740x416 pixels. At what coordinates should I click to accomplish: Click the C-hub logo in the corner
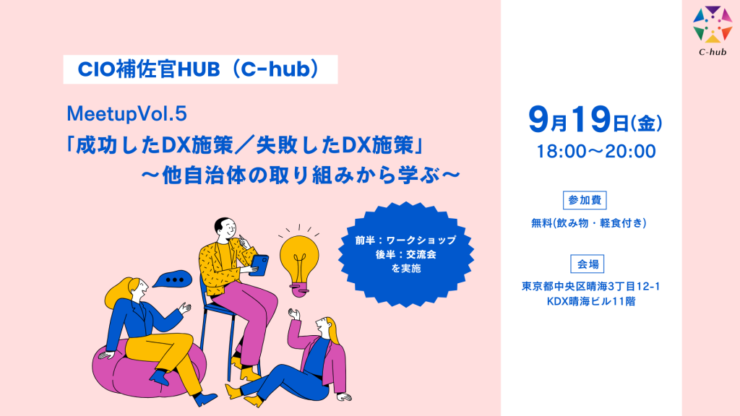pyautogui.click(x=712, y=30)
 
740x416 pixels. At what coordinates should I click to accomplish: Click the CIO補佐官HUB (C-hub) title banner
pyautogui.click(x=201, y=69)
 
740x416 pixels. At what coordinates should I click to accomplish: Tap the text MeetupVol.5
pyautogui.click(x=127, y=113)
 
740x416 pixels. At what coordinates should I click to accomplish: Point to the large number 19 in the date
pyautogui.click(x=591, y=119)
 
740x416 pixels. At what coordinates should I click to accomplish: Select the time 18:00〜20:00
pyautogui.click(x=596, y=152)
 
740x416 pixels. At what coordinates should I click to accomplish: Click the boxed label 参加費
pyautogui.click(x=585, y=200)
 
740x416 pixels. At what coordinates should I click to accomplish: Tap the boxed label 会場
pyautogui.click(x=588, y=264)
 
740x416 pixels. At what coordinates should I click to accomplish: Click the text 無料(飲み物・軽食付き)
pyautogui.click(x=588, y=223)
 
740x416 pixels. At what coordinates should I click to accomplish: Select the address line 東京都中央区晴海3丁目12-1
pyautogui.click(x=590, y=286)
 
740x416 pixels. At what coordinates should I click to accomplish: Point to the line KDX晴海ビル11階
pyautogui.click(x=591, y=301)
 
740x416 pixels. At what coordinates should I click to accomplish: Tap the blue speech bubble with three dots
pyautogui.click(x=173, y=279)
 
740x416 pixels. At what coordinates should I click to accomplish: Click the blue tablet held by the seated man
pyautogui.click(x=259, y=264)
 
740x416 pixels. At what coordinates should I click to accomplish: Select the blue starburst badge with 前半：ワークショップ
pyautogui.click(x=406, y=254)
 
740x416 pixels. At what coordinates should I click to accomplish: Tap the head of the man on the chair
pyautogui.click(x=225, y=229)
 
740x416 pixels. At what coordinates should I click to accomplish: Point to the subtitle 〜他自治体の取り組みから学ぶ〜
pyautogui.click(x=301, y=175)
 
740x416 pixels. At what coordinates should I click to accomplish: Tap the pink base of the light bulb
pyautogui.click(x=299, y=290)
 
